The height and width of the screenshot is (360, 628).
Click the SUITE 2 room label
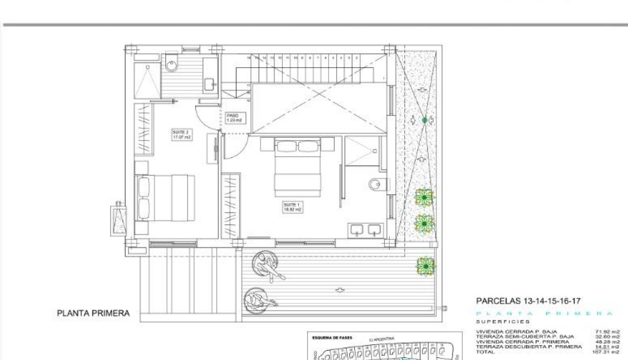coord(181,134)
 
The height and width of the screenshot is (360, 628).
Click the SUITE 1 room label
coord(292,207)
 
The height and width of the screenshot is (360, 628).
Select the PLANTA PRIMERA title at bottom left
coord(93,313)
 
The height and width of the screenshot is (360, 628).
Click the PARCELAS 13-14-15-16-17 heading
coord(528,301)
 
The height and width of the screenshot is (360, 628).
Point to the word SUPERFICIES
coord(496,322)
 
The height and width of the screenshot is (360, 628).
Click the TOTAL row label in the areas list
coord(485,352)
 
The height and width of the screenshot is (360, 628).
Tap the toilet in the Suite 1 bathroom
coord(378,184)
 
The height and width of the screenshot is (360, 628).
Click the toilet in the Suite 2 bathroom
coord(172,63)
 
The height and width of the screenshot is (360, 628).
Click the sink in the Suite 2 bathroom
coord(210,85)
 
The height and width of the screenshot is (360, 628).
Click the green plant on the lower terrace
coord(425,266)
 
